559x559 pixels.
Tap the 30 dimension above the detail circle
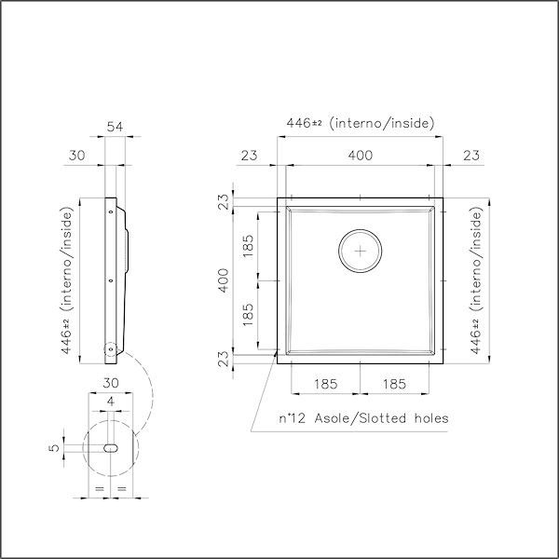point(110,383)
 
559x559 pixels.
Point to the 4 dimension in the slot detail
point(110,402)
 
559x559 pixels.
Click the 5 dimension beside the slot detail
point(54,447)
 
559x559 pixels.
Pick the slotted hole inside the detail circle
point(110,447)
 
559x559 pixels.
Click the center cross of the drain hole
point(361,250)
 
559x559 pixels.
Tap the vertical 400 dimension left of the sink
point(224,279)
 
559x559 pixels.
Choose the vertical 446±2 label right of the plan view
point(477,279)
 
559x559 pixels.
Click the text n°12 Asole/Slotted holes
point(364,418)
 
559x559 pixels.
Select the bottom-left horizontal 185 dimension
point(325,383)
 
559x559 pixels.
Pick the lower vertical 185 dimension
point(248,314)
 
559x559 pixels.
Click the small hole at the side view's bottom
point(110,348)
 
